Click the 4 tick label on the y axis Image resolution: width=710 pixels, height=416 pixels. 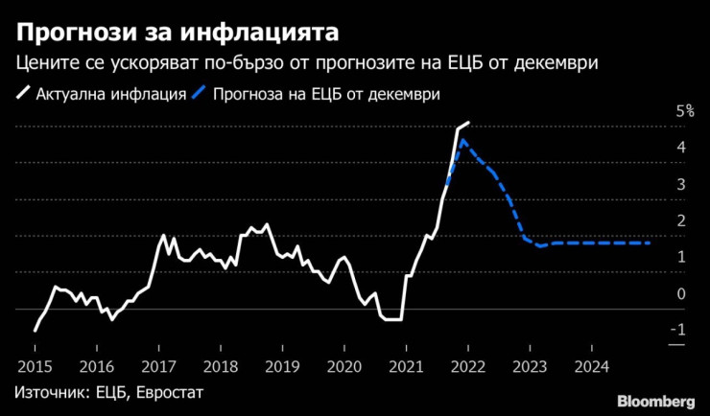click(680, 148)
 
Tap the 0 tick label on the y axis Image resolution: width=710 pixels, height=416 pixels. click(680, 293)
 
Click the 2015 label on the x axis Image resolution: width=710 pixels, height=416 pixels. click(34, 366)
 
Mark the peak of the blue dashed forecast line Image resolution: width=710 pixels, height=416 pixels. click(462, 140)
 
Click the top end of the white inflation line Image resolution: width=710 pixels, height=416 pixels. click(468, 123)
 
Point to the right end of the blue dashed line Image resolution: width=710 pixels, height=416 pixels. click(651, 243)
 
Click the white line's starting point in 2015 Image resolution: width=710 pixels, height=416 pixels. click(35, 331)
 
